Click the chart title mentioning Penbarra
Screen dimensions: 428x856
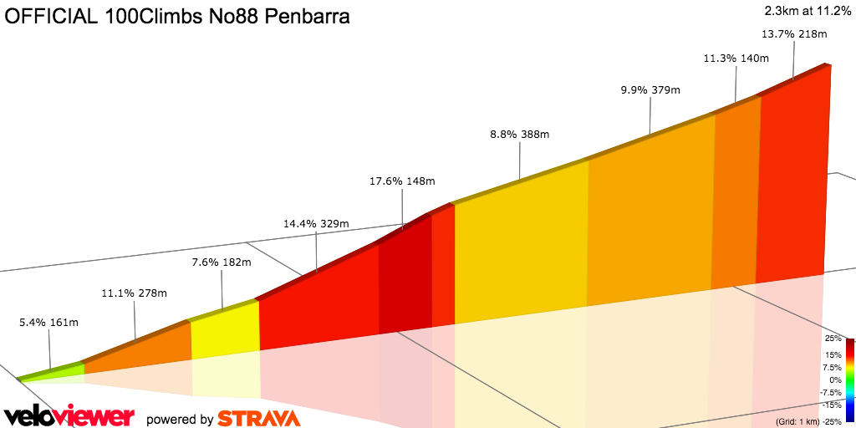click(177, 17)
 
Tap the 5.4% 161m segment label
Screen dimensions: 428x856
click(48, 321)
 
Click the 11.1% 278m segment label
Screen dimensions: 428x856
click(134, 293)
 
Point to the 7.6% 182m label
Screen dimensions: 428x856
click(222, 262)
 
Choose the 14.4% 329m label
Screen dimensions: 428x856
click(316, 224)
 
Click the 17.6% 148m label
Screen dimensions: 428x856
click(402, 181)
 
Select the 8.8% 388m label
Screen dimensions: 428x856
click(519, 134)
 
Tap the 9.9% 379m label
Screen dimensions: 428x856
click(650, 90)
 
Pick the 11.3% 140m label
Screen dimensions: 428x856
click(736, 59)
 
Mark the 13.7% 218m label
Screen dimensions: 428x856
click(794, 34)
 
